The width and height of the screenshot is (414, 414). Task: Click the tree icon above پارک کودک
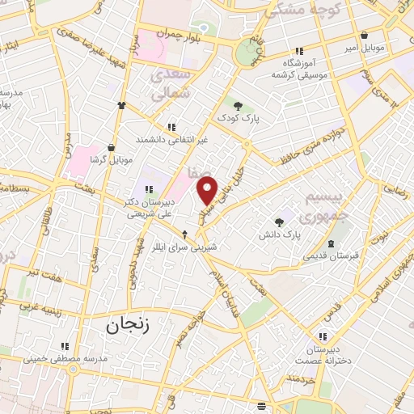[238, 105]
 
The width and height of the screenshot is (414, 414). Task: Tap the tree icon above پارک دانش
[279, 221]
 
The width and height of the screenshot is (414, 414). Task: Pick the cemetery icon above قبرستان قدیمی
[330, 244]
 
